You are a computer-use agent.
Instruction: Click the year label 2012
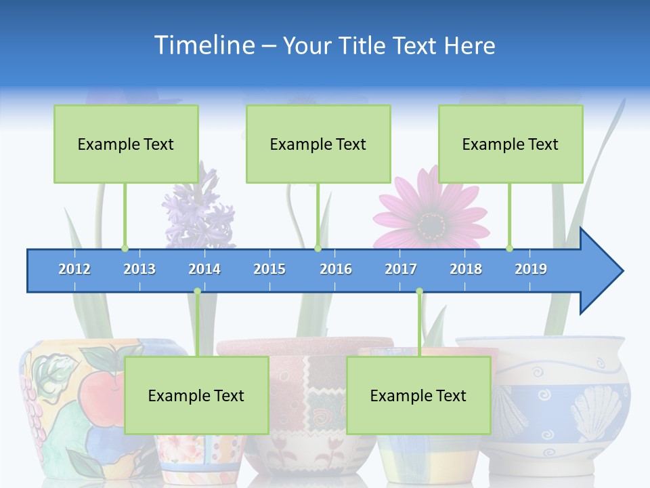click(x=74, y=269)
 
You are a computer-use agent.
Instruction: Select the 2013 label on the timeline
click(x=139, y=269)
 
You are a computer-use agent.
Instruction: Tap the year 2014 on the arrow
click(x=204, y=269)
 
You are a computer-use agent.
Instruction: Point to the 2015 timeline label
click(x=269, y=269)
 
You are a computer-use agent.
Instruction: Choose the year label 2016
click(x=336, y=269)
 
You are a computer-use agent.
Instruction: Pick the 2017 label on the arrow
click(x=401, y=269)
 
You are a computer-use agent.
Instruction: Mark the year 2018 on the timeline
click(x=466, y=269)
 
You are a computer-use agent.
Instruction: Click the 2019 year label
click(x=531, y=269)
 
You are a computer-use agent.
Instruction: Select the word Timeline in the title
click(x=203, y=45)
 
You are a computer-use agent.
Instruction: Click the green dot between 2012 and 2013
click(x=125, y=248)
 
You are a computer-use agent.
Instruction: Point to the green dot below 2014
click(x=197, y=291)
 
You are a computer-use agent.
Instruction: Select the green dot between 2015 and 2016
click(x=318, y=248)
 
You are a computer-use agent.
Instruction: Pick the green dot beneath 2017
click(x=419, y=291)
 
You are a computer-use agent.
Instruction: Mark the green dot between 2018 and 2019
click(x=509, y=248)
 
